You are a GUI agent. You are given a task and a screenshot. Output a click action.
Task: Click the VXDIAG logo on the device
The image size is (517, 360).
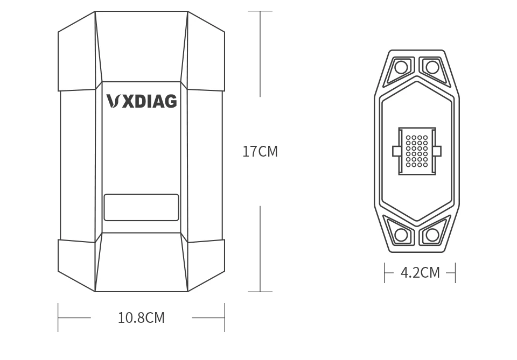point(142,101)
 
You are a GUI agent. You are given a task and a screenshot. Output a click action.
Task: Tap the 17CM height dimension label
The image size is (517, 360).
point(260,152)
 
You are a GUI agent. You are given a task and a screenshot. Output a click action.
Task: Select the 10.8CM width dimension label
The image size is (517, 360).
point(141,318)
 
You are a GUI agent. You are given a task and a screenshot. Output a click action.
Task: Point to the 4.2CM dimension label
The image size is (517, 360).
point(420,273)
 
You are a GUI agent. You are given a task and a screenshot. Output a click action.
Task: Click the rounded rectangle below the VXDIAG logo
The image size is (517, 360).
point(141,208)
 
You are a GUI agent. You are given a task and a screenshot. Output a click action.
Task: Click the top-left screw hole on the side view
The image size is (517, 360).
point(401,67)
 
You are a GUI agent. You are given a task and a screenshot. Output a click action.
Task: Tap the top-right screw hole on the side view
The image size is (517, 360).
point(432,67)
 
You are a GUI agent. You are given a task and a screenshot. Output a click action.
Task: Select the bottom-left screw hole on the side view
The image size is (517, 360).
point(401,235)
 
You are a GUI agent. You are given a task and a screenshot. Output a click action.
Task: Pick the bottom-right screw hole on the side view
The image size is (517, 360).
point(432,235)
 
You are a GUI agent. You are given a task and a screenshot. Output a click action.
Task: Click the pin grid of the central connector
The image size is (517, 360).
point(417,151)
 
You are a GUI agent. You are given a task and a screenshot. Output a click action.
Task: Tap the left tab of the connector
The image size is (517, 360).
point(397,151)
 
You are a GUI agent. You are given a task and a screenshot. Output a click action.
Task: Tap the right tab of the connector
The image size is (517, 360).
point(437,151)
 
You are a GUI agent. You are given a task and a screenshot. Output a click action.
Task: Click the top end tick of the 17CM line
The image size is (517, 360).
point(260,11)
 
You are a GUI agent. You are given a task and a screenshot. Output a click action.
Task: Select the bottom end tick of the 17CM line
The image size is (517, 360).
point(260,292)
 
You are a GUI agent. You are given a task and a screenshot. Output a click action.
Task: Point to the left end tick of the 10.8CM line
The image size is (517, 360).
point(58,317)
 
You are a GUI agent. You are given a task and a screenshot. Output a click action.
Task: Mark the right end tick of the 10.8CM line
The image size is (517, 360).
point(225,317)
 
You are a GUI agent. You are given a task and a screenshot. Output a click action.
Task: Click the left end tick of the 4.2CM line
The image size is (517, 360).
point(385,273)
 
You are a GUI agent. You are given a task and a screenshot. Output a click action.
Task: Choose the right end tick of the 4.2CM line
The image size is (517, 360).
point(455,273)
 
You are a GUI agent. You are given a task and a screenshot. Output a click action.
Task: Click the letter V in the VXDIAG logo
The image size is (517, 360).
point(113,101)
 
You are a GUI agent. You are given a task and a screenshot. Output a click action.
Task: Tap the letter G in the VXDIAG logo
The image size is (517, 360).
point(170,101)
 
